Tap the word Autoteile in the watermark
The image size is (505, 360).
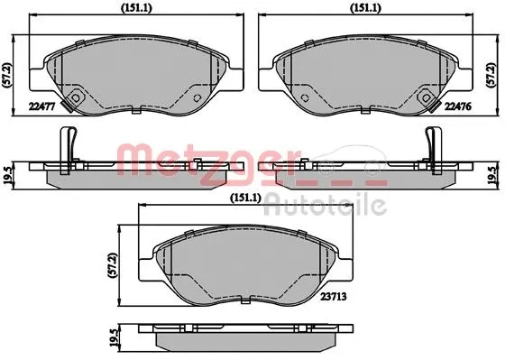(x=328, y=206)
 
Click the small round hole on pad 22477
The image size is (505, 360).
(x=76, y=98)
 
